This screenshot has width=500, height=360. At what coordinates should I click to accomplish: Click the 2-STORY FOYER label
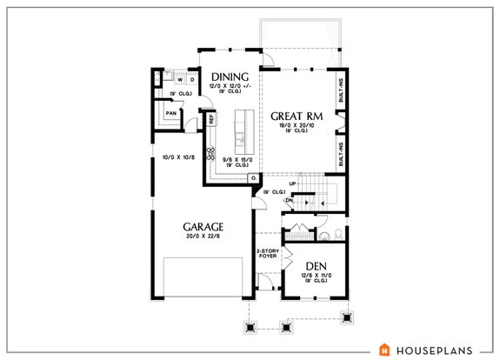coord(266,255)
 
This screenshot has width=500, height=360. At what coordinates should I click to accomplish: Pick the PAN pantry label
coord(172,113)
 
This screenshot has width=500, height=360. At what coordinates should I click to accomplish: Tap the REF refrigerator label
coord(210,120)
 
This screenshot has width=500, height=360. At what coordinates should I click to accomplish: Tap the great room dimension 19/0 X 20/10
coord(297,127)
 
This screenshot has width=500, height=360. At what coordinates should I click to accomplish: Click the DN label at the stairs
coord(289,199)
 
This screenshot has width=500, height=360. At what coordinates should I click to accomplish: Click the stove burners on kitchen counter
coord(210,155)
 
